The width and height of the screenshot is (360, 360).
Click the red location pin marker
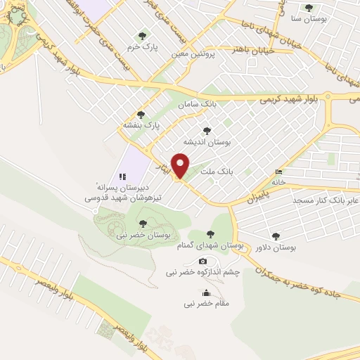click(181, 165)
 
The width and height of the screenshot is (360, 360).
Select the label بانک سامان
click(197, 104)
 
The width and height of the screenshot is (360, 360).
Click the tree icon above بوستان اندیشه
click(207, 130)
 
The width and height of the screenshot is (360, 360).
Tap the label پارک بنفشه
click(142, 124)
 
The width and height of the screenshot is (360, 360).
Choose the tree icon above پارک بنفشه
click(141, 114)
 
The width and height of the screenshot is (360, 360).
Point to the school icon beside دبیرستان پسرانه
click(122, 176)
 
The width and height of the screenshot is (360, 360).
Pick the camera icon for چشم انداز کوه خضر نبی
click(203, 261)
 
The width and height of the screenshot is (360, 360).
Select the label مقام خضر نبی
click(206, 304)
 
